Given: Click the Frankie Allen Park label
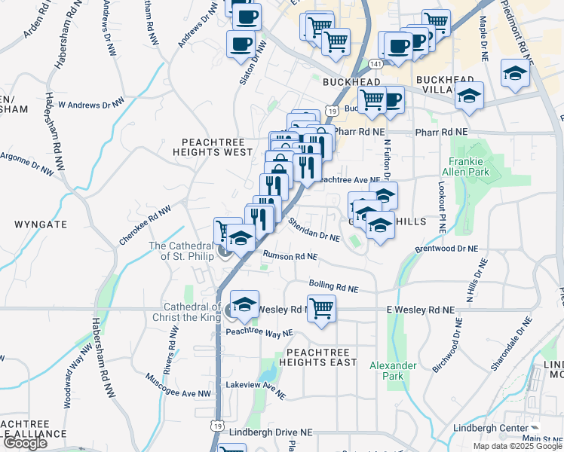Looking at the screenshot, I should [469, 166].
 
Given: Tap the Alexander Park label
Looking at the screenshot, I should [393, 370].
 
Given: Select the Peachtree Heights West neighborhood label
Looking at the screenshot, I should [216, 146].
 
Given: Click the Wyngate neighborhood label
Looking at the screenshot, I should [40, 224].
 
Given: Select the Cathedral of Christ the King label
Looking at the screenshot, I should [192, 312].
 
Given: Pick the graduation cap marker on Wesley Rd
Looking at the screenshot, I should [244, 304].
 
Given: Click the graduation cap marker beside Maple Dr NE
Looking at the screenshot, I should [515, 73].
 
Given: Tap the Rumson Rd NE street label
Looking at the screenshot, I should [290, 256].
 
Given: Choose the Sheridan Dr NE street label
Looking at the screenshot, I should [314, 230].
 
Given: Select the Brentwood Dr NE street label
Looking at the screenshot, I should [446, 248].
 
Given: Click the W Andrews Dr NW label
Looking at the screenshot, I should [91, 104].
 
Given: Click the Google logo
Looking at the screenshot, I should [25, 444].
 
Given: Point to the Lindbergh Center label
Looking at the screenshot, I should [491, 428].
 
